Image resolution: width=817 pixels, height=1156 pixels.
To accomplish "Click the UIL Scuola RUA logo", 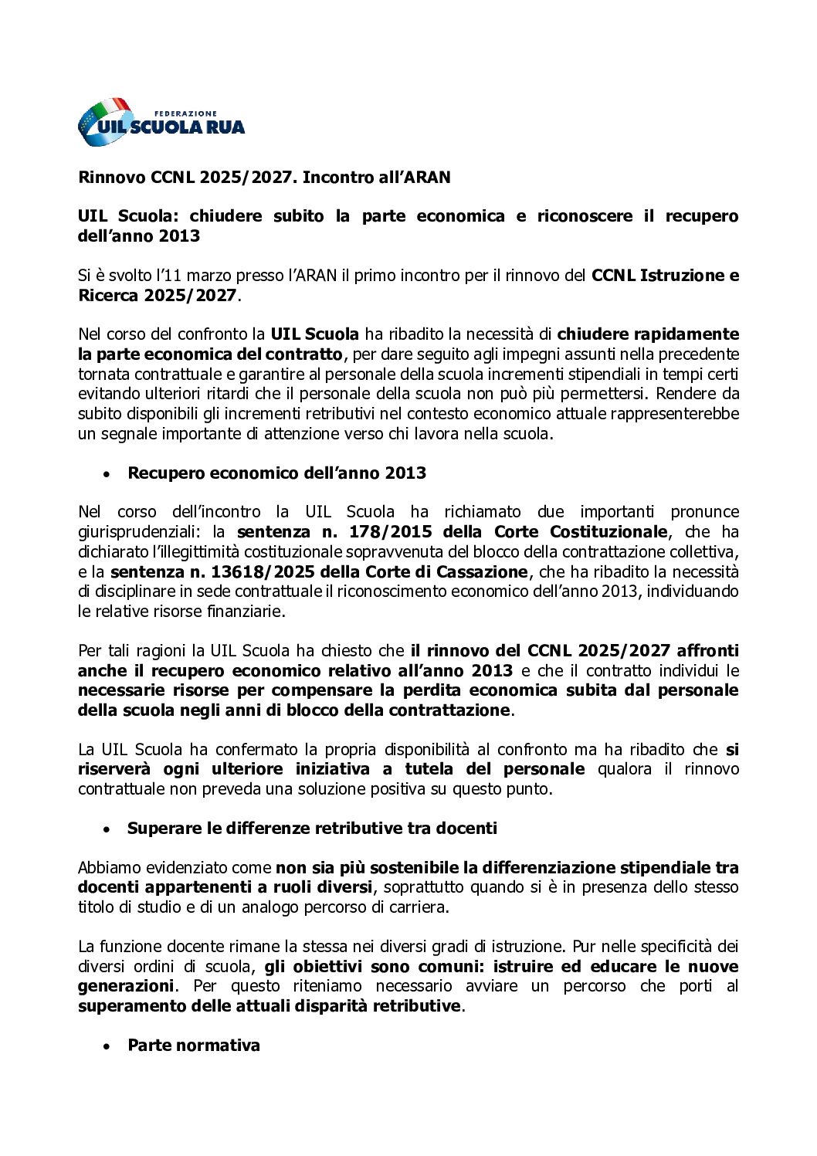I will pyautogui.click(x=161, y=122).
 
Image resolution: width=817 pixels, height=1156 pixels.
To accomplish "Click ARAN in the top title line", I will pyautogui.click(x=424, y=178).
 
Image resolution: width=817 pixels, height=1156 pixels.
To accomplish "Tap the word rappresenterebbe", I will pyautogui.click(x=673, y=414).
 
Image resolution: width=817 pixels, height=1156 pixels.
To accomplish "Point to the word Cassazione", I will pyautogui.click(x=482, y=571).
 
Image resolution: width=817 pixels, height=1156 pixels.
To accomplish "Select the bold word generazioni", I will pyautogui.click(x=125, y=986).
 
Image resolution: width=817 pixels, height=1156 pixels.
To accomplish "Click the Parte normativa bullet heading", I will pyautogui.click(x=193, y=1046).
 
